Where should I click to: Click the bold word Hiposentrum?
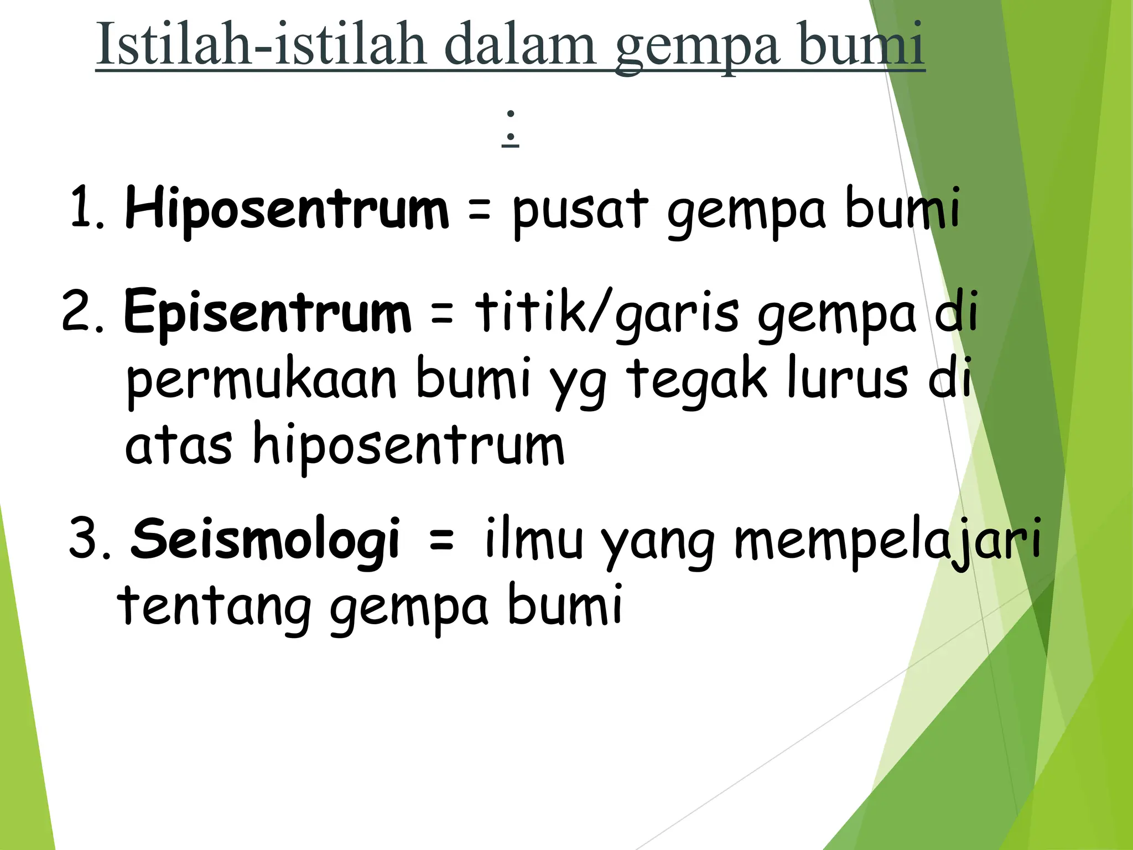[287, 209]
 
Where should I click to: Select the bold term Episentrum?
[268, 312]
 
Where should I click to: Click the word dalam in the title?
[519, 44]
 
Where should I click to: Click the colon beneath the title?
[510, 127]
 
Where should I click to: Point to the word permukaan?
[261, 380]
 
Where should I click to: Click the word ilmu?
[533, 538]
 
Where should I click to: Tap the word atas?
[178, 446]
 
